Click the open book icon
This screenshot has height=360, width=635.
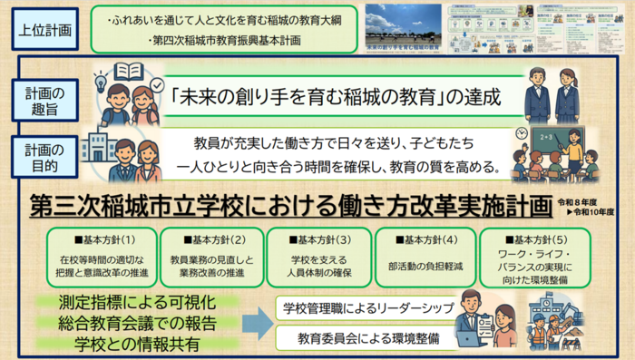click(129, 72)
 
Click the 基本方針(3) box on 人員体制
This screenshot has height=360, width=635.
click(317, 256)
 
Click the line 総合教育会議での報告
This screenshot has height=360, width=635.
click(137, 322)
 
